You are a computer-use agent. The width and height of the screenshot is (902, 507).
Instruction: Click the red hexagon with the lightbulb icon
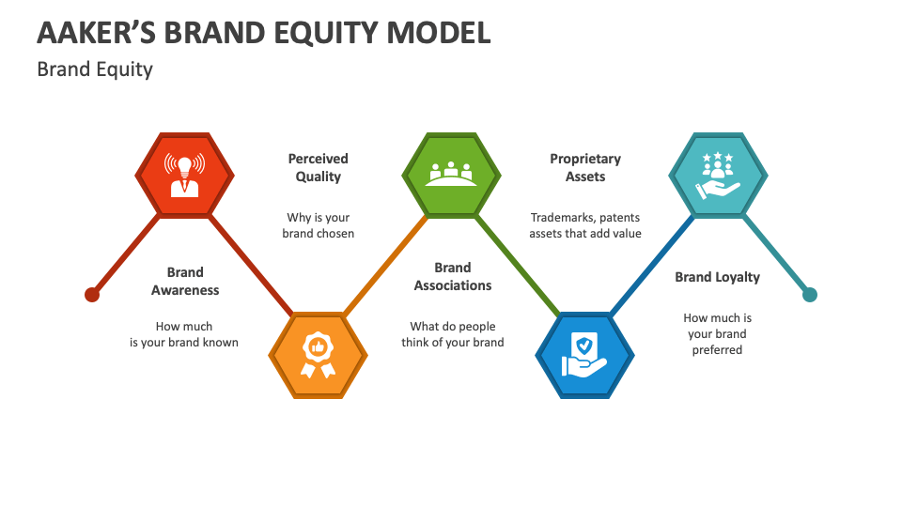pos(185,175)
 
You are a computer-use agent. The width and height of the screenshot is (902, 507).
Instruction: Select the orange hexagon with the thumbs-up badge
pos(318,356)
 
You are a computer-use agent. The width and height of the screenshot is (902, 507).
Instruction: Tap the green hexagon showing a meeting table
pos(451,175)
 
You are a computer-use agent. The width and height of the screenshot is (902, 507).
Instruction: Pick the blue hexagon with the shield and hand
pos(584,356)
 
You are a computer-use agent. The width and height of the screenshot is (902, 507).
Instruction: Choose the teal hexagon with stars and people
pos(718,175)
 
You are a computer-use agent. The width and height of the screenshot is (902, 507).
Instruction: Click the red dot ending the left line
pos(92,295)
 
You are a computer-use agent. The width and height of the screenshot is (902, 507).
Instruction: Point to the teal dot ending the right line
pos(810,295)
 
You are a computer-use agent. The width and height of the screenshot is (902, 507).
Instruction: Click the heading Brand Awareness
pos(185,281)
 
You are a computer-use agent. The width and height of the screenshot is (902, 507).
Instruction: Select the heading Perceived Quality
pos(318,167)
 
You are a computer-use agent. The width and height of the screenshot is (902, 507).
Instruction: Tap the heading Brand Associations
pos(453,276)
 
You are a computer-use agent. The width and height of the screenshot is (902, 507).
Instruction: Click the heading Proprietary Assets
pos(585,167)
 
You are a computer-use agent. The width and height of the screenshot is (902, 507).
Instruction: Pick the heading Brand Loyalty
pos(717,277)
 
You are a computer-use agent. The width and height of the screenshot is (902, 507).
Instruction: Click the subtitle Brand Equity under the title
pos(94,69)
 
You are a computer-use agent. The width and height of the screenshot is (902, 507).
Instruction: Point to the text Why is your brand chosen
pos(318,225)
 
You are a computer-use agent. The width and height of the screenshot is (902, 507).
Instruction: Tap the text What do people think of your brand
pos(453,334)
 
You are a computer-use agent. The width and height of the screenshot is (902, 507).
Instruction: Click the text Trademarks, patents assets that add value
pos(585,225)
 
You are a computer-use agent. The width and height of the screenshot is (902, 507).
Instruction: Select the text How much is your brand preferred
pos(717,333)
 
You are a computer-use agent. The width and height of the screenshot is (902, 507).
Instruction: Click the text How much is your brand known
pos(184,334)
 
